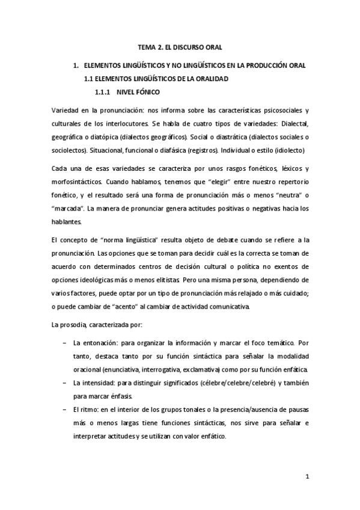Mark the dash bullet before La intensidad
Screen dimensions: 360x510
[x=64, y=382]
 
